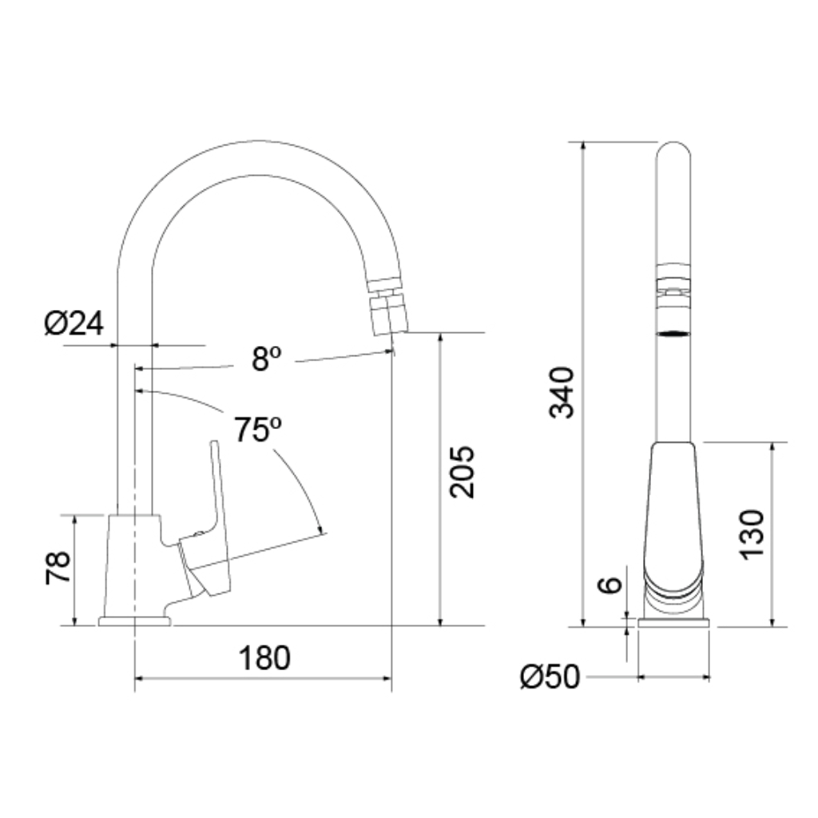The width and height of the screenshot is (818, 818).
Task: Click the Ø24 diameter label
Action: pos(74,324)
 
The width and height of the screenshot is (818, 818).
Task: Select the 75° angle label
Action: pos(257,429)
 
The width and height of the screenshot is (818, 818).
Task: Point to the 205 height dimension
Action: pos(463,471)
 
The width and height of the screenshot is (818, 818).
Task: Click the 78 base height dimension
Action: pos(58,567)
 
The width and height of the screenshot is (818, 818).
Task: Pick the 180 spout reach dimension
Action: pos(264,658)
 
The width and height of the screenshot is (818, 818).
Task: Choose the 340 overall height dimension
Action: pos(562,392)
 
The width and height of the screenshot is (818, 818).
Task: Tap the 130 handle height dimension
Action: pos(752,534)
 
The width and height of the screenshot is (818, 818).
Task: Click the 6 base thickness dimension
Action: pos(610,585)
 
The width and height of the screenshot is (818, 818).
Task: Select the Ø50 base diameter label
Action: pos(550,677)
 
